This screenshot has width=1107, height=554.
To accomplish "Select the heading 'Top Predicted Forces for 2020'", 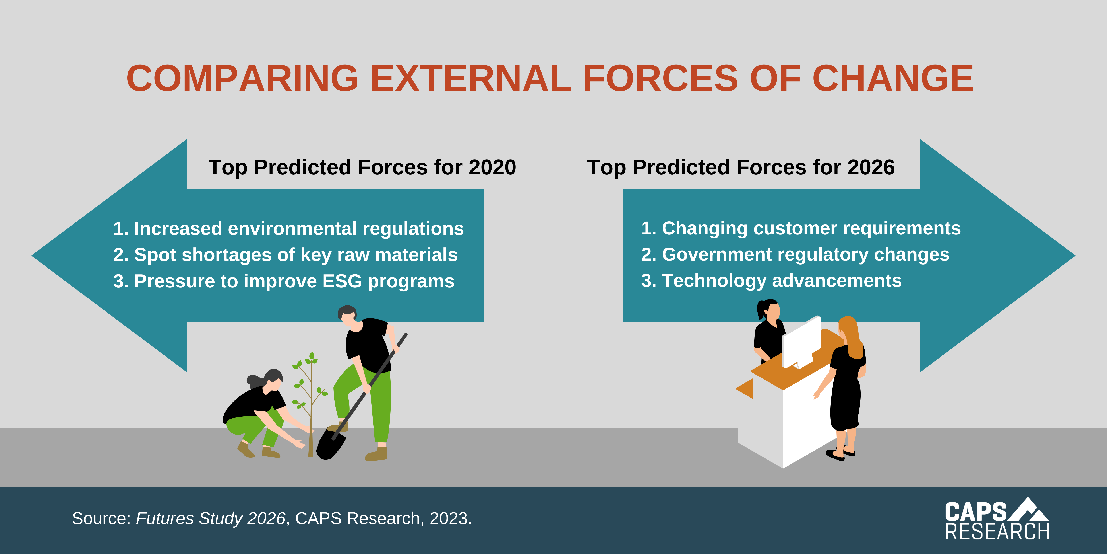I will tap(362, 167).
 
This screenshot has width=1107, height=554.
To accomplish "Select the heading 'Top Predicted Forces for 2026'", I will tap(741, 167).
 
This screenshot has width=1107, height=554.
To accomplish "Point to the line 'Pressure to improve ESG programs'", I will tap(284, 281).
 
